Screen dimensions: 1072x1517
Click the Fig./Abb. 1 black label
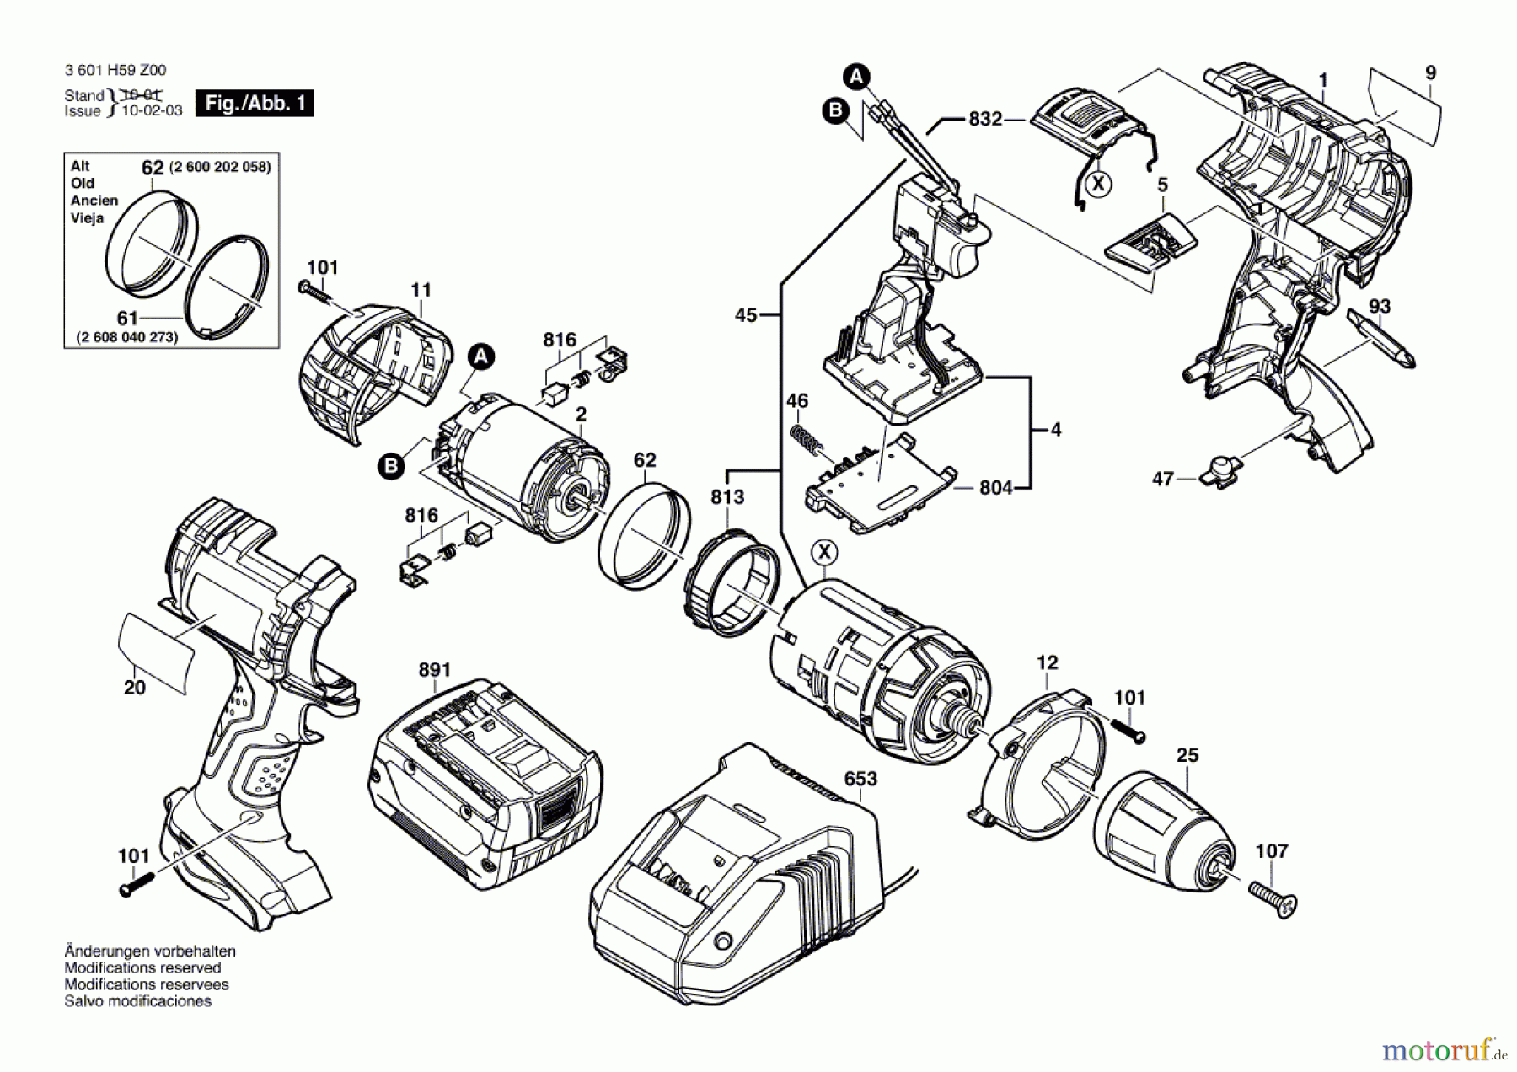point(255,104)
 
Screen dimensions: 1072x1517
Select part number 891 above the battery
point(435,670)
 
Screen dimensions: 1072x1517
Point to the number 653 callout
point(860,779)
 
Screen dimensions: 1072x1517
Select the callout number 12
point(1047,663)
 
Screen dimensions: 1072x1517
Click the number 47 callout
point(1163,479)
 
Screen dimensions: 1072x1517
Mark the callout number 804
point(995,487)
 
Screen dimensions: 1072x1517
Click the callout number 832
point(985,119)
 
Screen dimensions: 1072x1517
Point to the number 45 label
point(746,315)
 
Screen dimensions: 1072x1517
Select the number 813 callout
point(727,497)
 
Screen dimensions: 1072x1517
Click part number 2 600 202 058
point(220,167)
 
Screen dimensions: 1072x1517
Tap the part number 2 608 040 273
point(127,337)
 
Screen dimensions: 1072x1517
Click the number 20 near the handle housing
point(135,688)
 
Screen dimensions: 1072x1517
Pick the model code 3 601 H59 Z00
point(115,71)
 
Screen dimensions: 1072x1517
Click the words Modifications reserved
point(142,968)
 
